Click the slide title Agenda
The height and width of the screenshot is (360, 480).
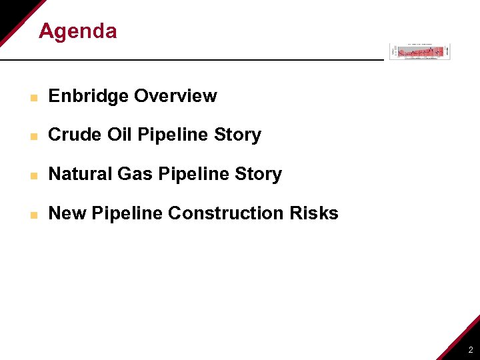[x=77, y=31]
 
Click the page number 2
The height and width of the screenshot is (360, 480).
[x=470, y=349]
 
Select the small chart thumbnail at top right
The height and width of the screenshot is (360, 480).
[x=420, y=51]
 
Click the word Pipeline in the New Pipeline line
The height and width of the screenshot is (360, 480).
[x=127, y=213]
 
